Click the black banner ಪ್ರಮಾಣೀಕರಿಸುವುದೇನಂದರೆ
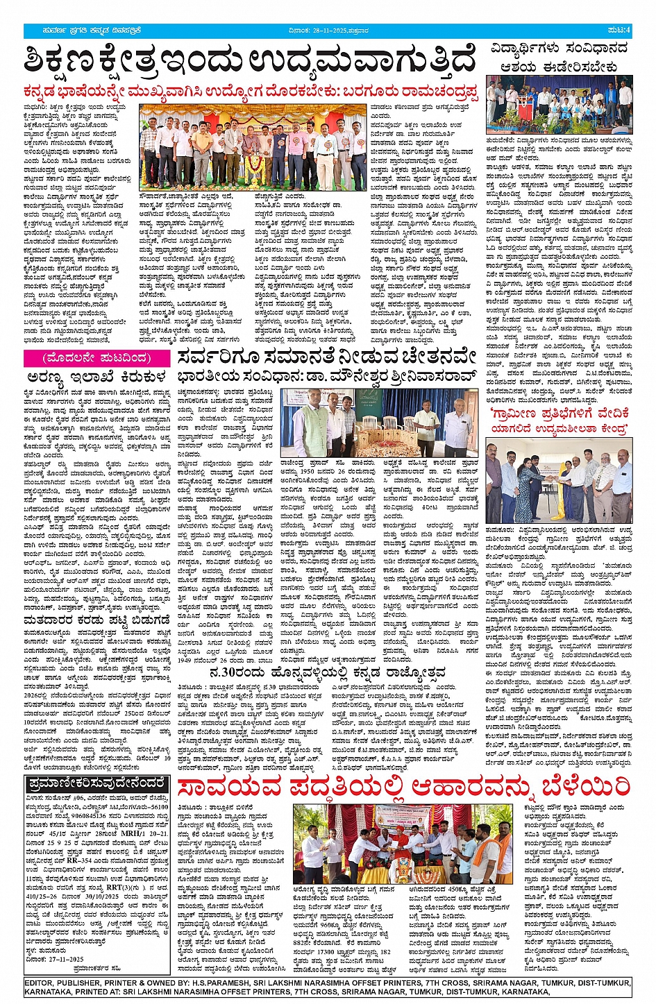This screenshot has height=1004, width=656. coord(96,784)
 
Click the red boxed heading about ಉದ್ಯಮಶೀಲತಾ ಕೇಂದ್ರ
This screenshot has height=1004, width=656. coord(560,421)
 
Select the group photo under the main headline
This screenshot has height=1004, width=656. coord(253,147)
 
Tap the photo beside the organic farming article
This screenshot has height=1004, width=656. coord(403,842)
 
